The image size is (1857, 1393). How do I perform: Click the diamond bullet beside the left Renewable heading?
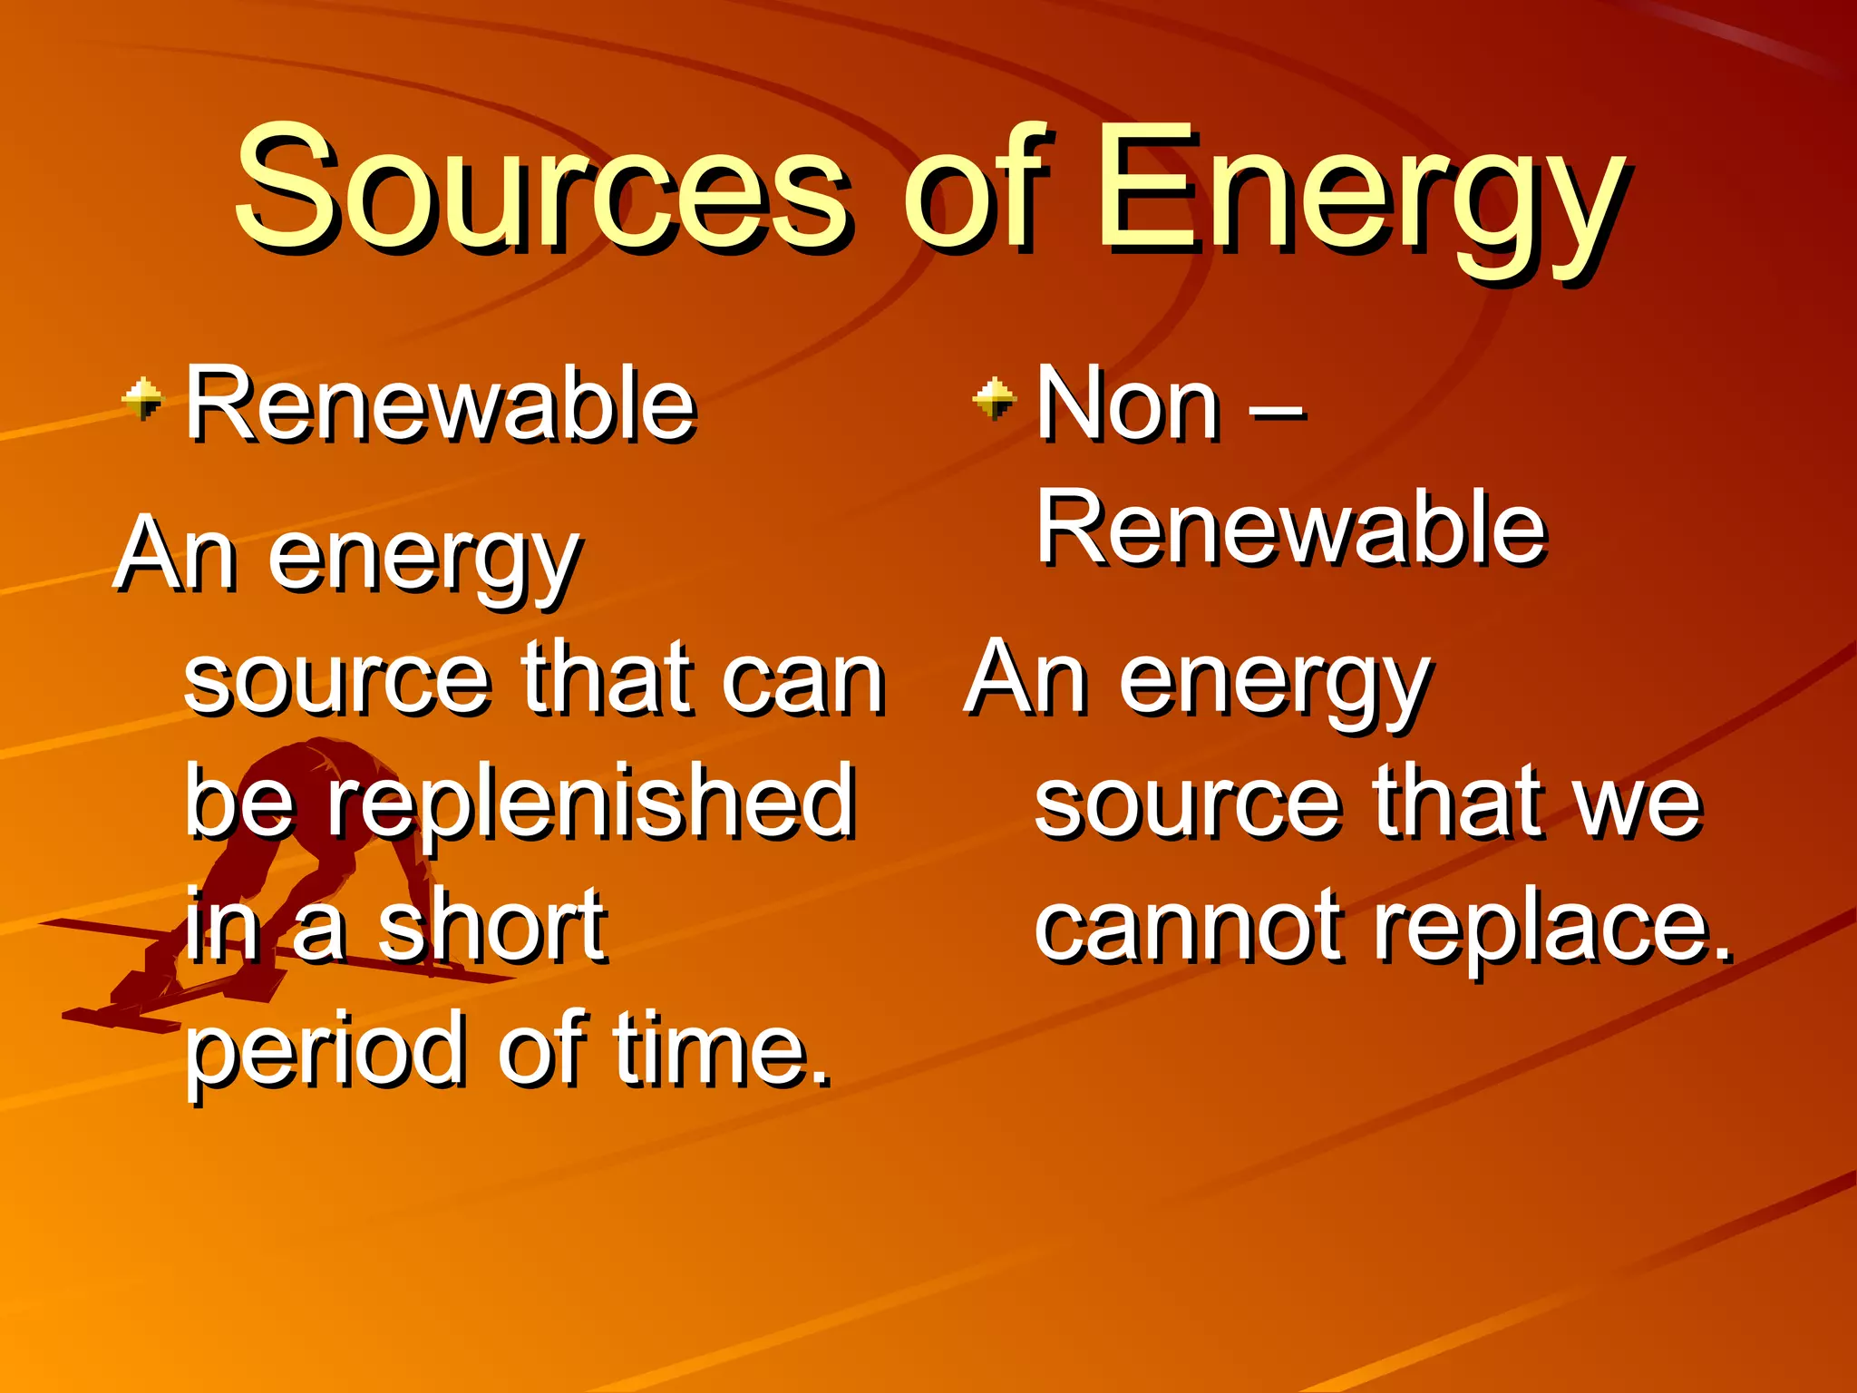(143, 399)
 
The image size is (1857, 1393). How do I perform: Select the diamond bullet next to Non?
(995, 399)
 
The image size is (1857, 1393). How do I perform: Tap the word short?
(492, 926)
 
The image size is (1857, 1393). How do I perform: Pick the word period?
(326, 1052)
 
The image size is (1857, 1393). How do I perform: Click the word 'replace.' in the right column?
(1552, 929)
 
